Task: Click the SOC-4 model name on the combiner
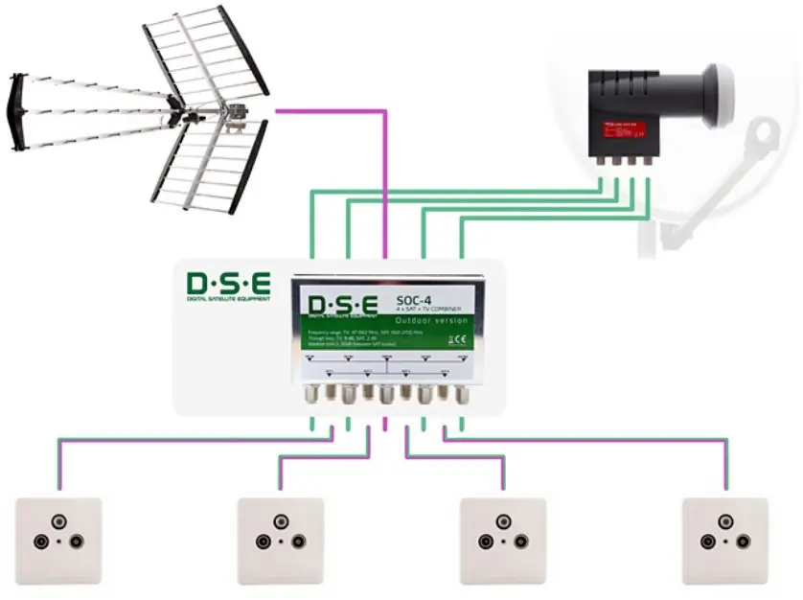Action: click(x=420, y=301)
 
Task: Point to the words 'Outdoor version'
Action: click(x=432, y=320)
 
